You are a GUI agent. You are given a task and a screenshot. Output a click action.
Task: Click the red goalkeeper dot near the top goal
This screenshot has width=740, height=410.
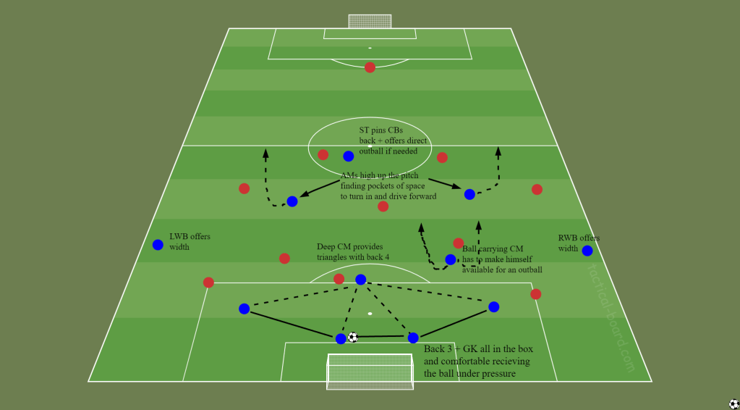click(x=370, y=67)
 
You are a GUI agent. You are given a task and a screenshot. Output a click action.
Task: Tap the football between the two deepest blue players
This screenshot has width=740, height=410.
click(x=353, y=337)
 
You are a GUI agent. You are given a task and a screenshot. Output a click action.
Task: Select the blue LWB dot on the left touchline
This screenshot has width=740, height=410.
click(x=158, y=245)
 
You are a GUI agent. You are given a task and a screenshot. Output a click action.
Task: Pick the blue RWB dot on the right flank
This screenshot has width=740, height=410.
click(x=587, y=251)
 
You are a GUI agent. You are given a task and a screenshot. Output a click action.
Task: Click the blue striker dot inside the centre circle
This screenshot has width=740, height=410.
click(x=348, y=156)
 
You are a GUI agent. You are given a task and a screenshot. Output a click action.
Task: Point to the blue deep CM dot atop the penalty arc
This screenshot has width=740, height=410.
click(x=360, y=280)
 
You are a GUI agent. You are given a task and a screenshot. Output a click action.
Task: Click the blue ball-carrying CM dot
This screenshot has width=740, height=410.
click(x=450, y=259)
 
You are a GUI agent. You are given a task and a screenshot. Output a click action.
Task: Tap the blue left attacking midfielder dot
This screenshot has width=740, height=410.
click(x=292, y=201)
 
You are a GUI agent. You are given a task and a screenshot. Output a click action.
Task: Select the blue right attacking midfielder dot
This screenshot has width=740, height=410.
click(x=469, y=194)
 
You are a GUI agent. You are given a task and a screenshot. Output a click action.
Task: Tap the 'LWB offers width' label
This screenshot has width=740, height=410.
click(x=190, y=241)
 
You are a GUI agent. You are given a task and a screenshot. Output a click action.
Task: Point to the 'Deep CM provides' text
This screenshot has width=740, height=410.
click(x=349, y=247)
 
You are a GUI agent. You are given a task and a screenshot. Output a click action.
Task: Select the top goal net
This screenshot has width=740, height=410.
click(x=370, y=21)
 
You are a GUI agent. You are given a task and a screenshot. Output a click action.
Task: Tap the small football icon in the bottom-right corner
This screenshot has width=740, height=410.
click(x=733, y=403)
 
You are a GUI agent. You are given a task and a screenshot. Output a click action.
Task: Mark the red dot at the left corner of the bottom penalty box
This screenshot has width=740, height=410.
click(x=208, y=283)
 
